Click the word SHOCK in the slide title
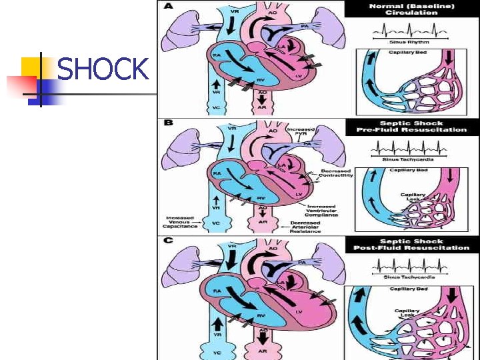103,69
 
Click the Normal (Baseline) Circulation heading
412,9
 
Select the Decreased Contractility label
336,173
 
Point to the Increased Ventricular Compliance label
322,210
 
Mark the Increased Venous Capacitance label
180,222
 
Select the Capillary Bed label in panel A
408,52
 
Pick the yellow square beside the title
32,67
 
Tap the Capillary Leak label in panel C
407,313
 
